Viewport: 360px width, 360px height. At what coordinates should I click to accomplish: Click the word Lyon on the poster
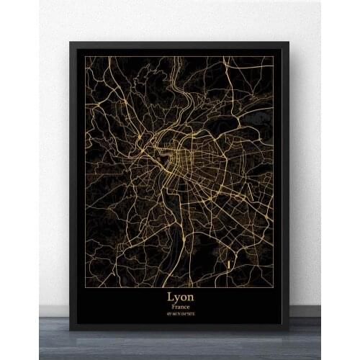coord(181,295)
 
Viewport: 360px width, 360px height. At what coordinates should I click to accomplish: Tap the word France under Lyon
coord(181,306)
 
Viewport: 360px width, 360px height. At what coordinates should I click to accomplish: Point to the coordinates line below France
coord(181,314)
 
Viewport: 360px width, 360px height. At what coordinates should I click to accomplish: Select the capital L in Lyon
coord(170,295)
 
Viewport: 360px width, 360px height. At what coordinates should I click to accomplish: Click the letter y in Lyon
coord(177,297)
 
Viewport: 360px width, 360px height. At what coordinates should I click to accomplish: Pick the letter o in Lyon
coord(184,296)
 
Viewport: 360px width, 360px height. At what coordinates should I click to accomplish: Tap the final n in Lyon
coord(192,296)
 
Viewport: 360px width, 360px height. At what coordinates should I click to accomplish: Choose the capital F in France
coord(173,306)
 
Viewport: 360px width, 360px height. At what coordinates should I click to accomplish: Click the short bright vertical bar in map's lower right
coord(228,264)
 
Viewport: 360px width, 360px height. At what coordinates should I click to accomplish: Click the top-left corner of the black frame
coord(70,42)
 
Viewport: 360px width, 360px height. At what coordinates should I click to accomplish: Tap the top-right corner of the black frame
coord(289,42)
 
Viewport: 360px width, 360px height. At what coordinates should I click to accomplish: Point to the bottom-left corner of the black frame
coord(70,330)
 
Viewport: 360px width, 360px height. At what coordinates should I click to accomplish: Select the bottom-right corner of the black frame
coord(289,330)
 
